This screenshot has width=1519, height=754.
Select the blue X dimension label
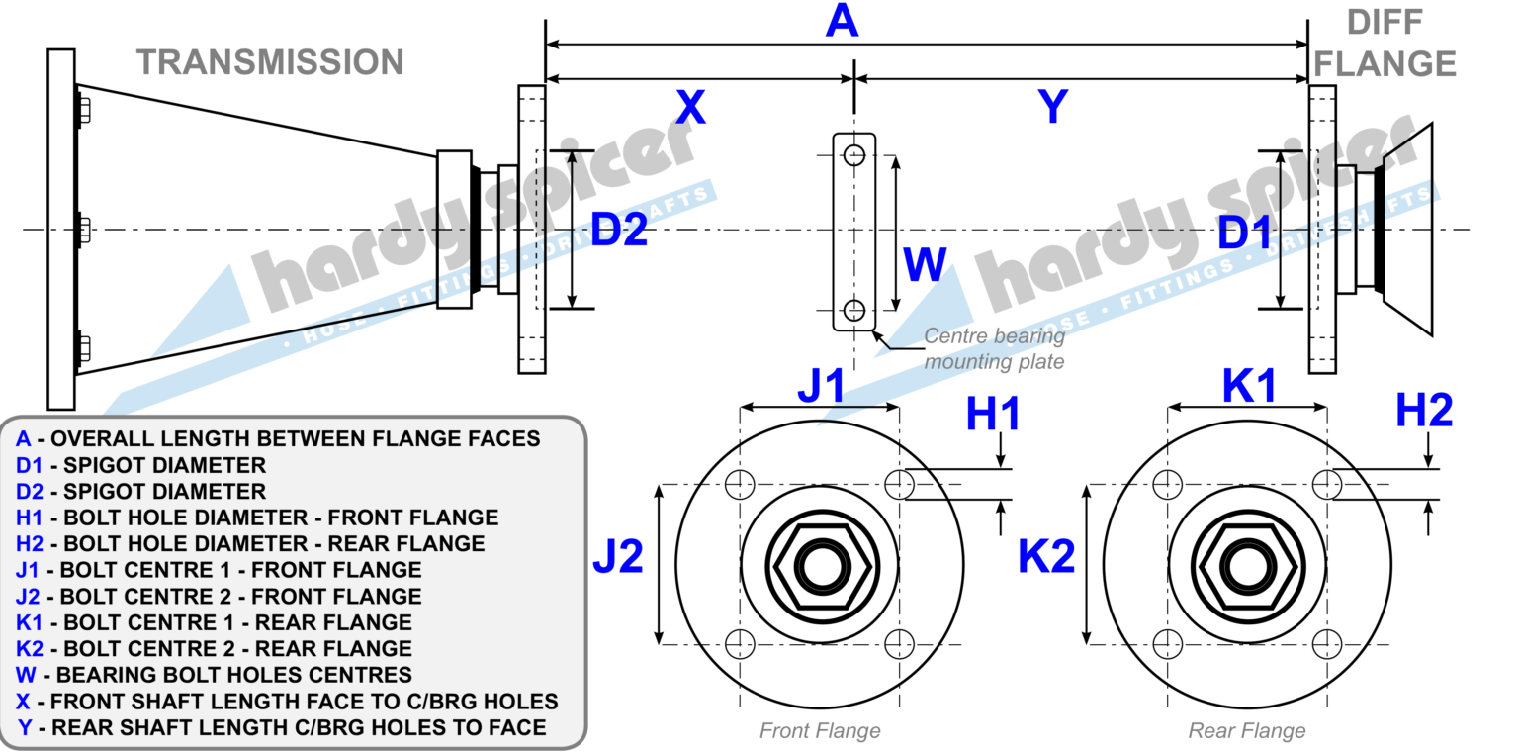click(690, 107)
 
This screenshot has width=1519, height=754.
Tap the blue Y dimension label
click(1054, 107)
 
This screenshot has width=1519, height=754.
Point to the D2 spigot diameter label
click(618, 231)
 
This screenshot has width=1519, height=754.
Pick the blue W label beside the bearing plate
click(925, 266)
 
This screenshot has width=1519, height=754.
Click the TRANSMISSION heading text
click(270, 61)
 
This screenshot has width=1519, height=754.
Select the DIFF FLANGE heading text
click(1385, 43)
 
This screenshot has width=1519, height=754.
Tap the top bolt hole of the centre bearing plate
click(854, 154)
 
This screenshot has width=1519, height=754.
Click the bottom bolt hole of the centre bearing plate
click(854, 309)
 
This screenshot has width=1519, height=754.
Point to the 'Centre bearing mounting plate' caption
click(994, 349)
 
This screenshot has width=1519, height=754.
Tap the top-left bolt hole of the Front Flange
click(739, 484)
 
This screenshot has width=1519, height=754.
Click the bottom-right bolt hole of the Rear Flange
click(1326, 645)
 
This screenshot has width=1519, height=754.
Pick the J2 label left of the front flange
click(618, 557)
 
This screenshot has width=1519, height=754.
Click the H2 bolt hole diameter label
click(1424, 411)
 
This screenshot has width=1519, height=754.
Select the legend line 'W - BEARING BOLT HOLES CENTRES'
click(214, 675)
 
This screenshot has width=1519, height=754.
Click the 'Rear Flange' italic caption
click(1246, 731)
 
